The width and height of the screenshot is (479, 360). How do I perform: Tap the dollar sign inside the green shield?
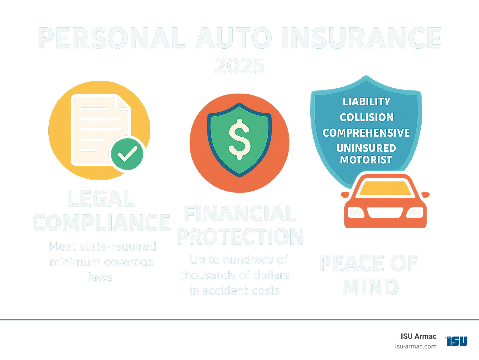tap(239, 139)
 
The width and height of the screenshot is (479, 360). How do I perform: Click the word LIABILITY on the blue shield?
tap(366, 102)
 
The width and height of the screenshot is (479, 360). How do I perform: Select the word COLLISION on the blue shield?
tap(366, 117)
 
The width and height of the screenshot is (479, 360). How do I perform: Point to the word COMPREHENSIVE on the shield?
tap(366, 133)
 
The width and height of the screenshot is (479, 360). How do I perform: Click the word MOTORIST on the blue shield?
tap(366, 160)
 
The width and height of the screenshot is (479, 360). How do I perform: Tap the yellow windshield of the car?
tap(385, 188)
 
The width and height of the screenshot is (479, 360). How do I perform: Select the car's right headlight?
tap(415, 213)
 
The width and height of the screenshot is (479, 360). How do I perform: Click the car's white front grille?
tap(385, 213)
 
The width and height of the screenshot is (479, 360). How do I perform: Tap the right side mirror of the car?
tap(425, 195)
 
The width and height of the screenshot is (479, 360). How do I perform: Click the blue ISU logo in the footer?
tap(457, 341)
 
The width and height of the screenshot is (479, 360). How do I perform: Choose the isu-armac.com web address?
tap(415, 346)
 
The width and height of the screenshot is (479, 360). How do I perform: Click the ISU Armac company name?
tap(419, 336)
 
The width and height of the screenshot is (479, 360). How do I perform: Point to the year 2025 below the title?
tap(239, 66)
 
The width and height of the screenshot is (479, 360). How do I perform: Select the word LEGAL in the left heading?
tap(101, 199)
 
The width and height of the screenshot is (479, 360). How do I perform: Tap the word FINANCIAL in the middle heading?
tap(240, 213)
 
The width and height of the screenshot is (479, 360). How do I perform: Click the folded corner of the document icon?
tap(123, 102)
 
